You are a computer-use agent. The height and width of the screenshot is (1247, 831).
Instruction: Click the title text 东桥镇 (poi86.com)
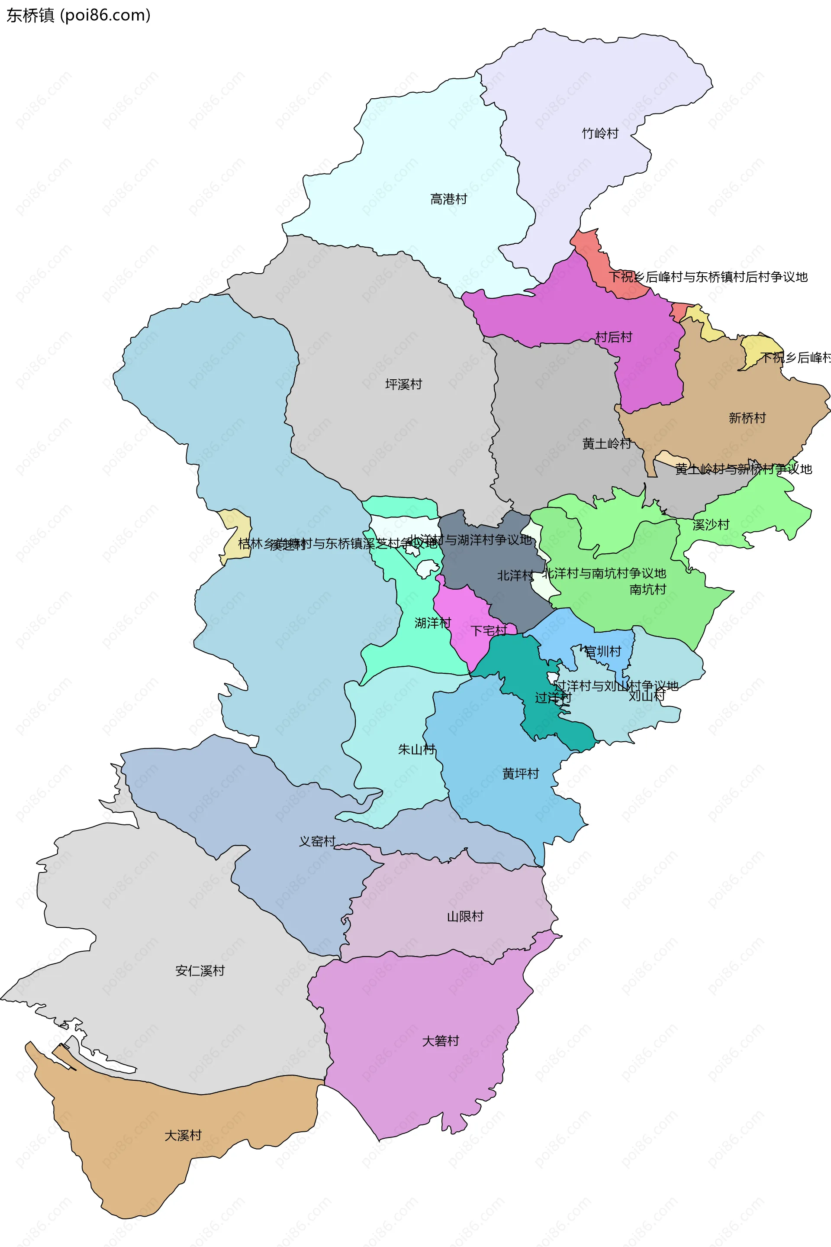78,16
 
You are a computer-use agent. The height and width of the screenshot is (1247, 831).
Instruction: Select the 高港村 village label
448,199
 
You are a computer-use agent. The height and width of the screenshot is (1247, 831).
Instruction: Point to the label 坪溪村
403,384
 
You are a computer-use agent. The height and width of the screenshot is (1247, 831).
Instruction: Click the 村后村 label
614,337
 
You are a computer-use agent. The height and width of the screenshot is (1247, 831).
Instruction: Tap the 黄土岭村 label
606,444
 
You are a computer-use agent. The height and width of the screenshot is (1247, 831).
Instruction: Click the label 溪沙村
711,525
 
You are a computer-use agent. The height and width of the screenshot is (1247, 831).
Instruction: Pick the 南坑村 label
647,590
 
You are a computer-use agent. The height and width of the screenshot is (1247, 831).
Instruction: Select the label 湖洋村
432,623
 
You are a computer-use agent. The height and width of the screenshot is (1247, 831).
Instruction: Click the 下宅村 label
489,631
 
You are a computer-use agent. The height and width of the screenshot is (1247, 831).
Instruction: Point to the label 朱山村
416,749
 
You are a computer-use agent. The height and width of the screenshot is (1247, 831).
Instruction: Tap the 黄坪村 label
520,774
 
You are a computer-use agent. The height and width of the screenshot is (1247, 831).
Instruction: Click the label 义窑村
317,841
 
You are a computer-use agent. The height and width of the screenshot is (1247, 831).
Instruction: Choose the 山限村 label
465,917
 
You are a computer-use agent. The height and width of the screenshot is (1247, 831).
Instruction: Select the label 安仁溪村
200,971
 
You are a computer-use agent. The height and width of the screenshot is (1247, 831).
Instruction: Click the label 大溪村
183,1135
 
